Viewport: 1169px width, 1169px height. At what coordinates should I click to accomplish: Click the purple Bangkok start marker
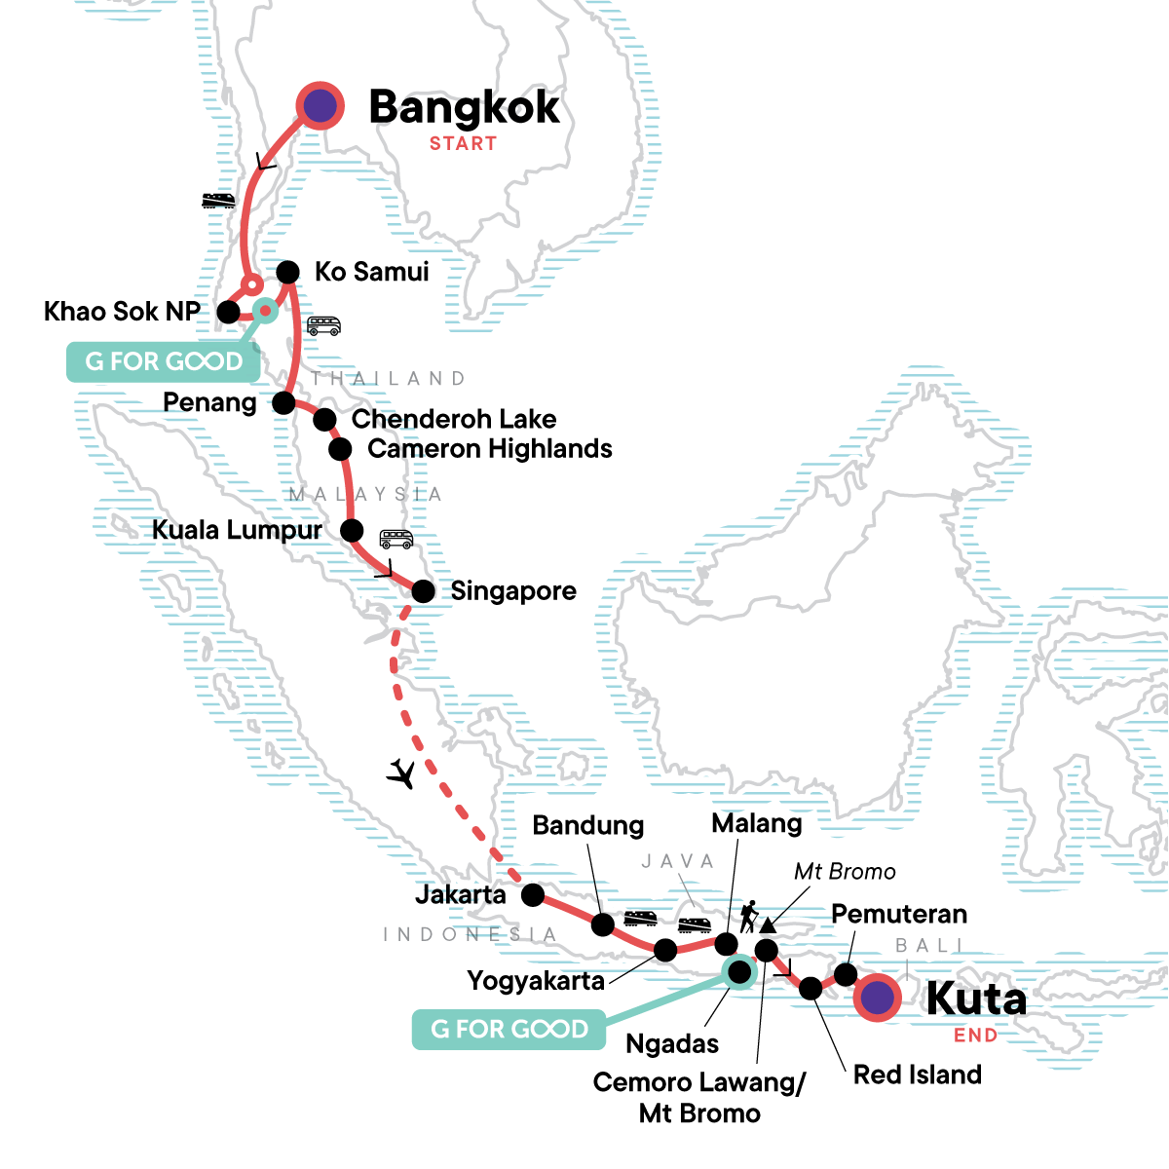click(321, 105)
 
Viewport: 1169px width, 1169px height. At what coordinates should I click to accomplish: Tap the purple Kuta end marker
click(877, 998)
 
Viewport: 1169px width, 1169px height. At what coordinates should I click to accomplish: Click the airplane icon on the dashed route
click(401, 773)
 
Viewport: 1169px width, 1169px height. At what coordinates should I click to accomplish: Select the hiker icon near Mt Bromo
click(747, 917)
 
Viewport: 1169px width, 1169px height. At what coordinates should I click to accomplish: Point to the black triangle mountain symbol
click(768, 924)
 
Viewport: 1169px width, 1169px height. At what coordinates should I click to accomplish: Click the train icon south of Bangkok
click(218, 201)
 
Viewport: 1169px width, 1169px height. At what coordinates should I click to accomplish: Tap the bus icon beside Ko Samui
click(323, 325)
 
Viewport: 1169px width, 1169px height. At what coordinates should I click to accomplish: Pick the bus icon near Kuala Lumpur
click(396, 539)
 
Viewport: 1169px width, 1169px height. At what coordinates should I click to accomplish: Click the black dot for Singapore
click(423, 590)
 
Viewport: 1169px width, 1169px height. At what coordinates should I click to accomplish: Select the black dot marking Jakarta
click(532, 894)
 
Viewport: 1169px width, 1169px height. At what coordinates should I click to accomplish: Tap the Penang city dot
click(283, 401)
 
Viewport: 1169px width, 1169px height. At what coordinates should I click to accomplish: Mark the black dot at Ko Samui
click(287, 271)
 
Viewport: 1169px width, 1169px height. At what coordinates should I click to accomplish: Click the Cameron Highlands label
click(490, 449)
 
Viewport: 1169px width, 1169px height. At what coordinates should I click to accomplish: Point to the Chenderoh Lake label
click(454, 419)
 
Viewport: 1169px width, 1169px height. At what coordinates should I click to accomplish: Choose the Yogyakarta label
click(536, 980)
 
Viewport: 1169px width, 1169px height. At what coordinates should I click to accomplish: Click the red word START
click(464, 143)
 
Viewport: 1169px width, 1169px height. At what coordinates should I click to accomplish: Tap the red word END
click(975, 1036)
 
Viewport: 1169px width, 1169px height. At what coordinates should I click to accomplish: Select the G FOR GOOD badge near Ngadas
click(509, 1030)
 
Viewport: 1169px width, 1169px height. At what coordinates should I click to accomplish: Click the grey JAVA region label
click(678, 861)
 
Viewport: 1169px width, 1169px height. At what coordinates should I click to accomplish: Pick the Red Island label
click(917, 1075)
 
